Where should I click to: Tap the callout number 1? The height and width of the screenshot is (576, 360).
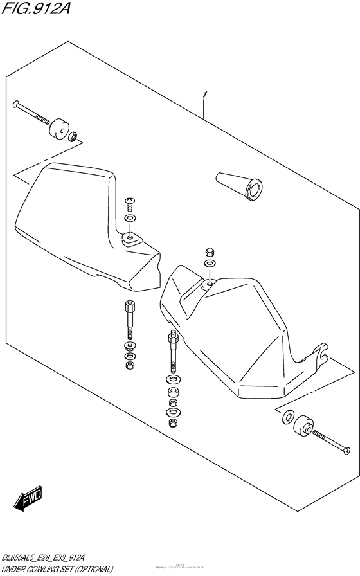click(x=204, y=96)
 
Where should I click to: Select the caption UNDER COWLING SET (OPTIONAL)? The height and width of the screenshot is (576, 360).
click(x=58, y=568)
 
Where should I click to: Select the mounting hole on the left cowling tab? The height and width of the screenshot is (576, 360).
click(x=130, y=239)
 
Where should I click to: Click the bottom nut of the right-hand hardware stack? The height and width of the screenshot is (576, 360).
click(x=172, y=424)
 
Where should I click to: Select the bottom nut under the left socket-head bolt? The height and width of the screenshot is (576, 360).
click(x=129, y=365)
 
